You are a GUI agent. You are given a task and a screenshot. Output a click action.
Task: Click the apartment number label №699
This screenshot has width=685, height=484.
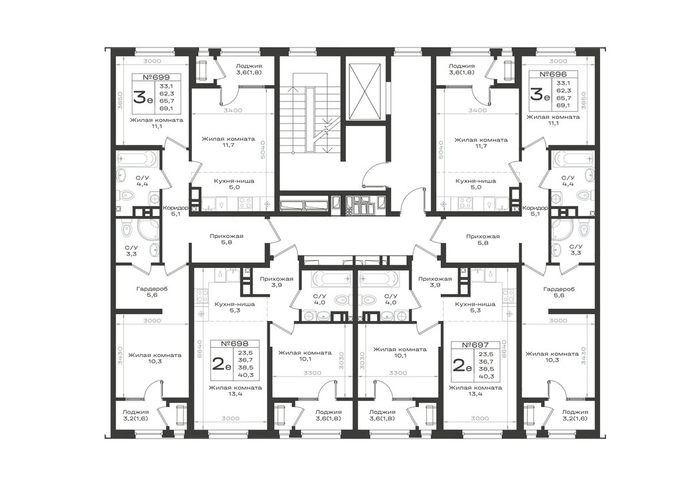tap(155, 78)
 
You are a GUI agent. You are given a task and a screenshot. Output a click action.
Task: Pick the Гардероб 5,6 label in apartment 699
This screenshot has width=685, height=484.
tap(152, 291)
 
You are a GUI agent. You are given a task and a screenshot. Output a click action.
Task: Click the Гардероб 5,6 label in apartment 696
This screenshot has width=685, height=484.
tap(559, 292)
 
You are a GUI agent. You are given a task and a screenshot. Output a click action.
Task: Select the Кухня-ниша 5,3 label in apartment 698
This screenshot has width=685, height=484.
tap(235, 308)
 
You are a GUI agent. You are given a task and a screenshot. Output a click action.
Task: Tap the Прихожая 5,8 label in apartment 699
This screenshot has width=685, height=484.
tap(226, 239)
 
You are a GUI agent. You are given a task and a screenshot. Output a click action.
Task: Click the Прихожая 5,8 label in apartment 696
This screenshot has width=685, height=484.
tap(483, 239)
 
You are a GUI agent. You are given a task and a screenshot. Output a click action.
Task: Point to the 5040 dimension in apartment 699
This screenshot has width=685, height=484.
tap(262, 150)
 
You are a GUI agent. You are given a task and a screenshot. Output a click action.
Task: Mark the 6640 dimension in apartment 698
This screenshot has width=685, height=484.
tap(199, 348)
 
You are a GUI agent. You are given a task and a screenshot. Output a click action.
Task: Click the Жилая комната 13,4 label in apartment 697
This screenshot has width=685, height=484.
tap(476, 390)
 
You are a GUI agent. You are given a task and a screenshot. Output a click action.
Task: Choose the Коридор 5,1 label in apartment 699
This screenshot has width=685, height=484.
tap(175, 211)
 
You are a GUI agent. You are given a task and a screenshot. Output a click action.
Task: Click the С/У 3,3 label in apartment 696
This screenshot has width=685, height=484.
tap(576, 249)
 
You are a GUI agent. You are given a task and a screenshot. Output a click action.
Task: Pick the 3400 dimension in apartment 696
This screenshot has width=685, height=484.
tap(477, 110)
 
